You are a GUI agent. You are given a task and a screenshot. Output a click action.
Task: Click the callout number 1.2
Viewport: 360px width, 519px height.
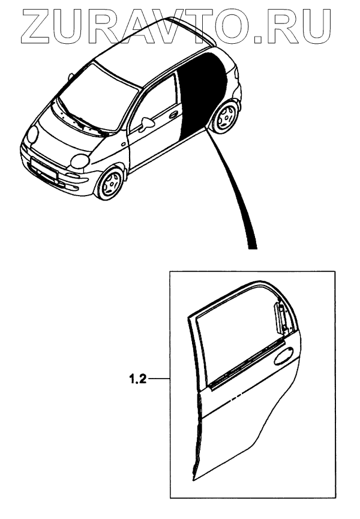(x=136, y=379)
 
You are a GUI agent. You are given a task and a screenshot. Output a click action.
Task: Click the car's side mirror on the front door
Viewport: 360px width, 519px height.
(x=146, y=124)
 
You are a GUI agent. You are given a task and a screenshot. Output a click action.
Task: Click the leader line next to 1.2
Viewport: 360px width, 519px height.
(x=159, y=379)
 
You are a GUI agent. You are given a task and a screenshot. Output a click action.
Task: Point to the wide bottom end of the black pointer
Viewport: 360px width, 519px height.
(x=253, y=244)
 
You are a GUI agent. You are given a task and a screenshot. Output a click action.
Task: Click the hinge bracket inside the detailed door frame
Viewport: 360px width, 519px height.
(x=280, y=317)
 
